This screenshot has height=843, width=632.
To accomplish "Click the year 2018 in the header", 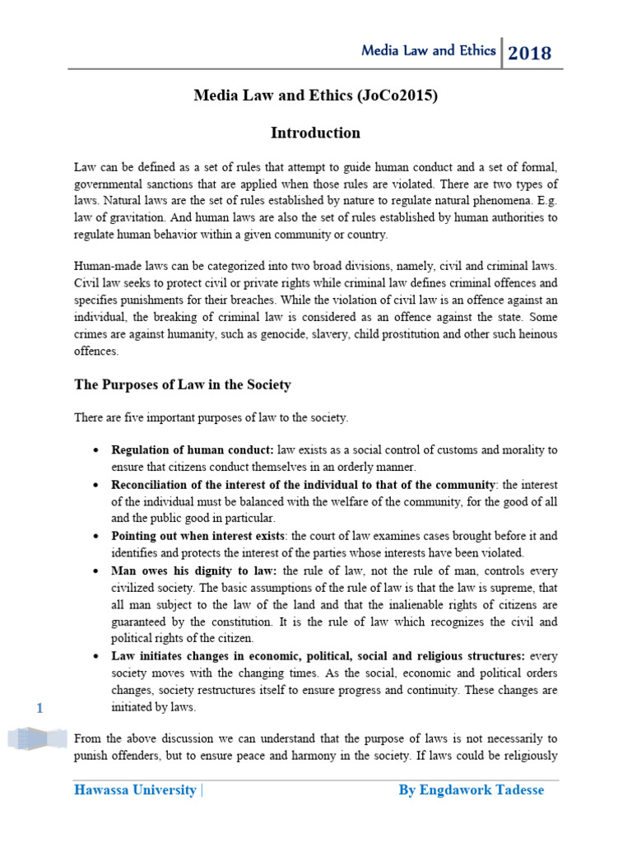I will (530, 54).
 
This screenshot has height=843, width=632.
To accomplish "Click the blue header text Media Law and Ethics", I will (429, 51).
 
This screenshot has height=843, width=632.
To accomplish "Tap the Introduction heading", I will (315, 133).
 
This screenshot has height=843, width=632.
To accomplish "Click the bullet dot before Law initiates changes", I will (98, 656).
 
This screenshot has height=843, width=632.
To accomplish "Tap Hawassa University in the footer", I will (135, 790).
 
